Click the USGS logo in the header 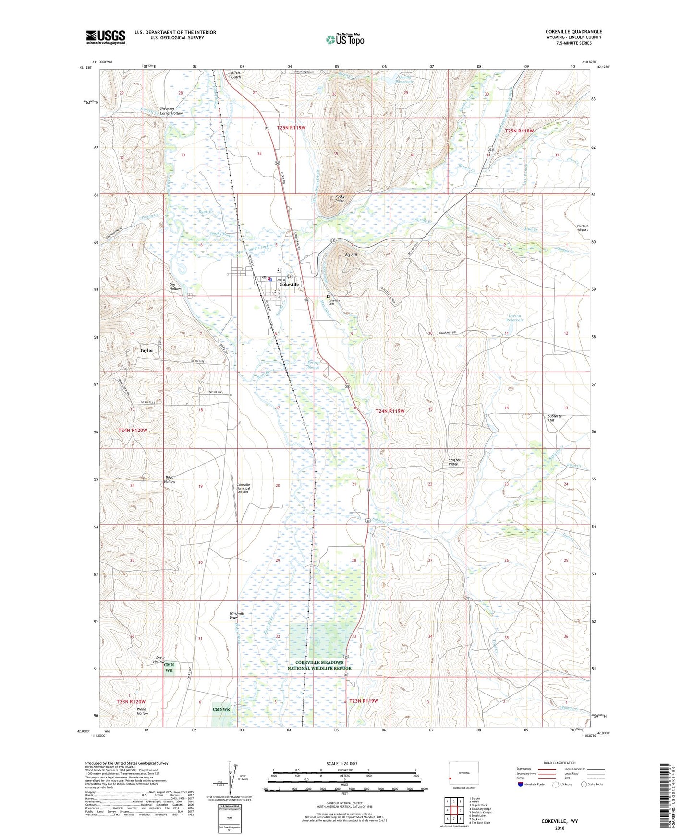106,37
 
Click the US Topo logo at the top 345,39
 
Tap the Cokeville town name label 289,284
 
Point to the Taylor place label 146,350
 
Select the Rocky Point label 340,199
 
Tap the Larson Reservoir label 515,318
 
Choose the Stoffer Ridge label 454,462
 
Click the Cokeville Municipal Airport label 243,488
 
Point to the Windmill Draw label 237,615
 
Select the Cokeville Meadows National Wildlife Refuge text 319,665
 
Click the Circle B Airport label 582,227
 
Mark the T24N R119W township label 390,411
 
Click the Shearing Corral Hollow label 171,111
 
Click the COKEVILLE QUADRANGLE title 573,32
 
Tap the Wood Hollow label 142,711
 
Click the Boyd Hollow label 170,479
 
